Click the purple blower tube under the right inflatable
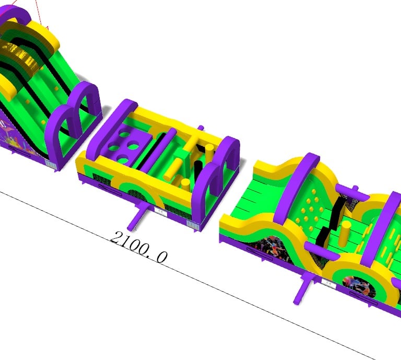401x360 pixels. pyautogui.click(x=305, y=288)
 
